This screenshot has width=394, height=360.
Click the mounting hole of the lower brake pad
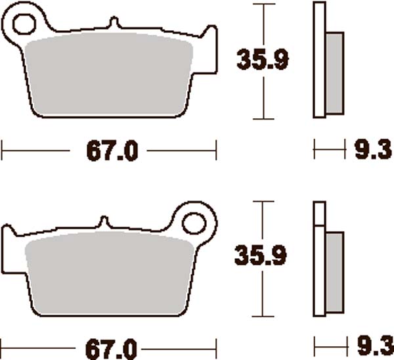point(195,222)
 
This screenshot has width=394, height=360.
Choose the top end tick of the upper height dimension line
point(263,4)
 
